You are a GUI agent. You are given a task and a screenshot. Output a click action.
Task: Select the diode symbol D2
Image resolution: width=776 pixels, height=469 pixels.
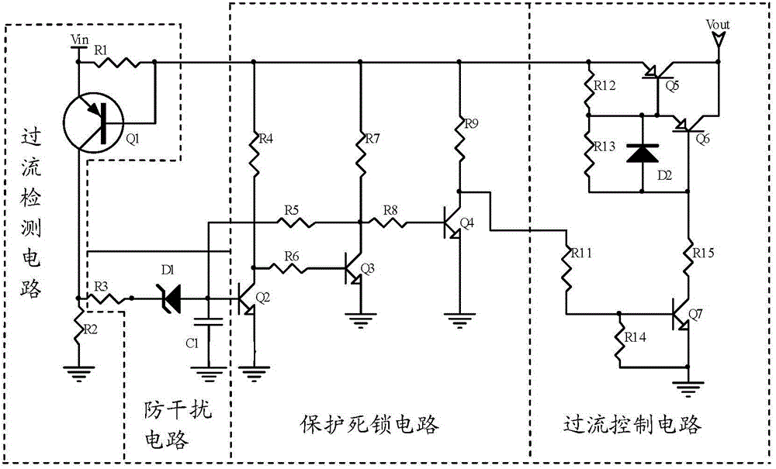(643, 153)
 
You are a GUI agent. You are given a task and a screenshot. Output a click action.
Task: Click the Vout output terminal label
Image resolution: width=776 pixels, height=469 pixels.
(719, 26)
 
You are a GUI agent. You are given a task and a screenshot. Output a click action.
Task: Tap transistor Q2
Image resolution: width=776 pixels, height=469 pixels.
(248, 298)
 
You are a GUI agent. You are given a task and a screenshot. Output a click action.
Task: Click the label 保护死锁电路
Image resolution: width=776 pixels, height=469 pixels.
(369, 425)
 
